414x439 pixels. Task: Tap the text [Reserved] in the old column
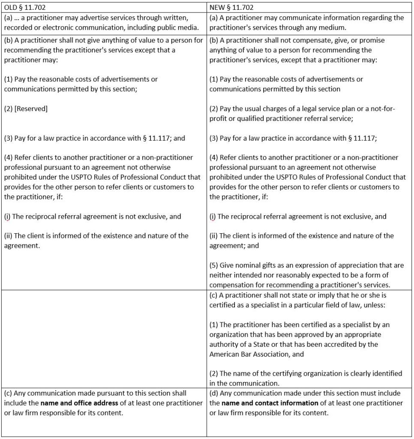pos(33,108)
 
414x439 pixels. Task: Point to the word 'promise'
pos(372,40)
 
